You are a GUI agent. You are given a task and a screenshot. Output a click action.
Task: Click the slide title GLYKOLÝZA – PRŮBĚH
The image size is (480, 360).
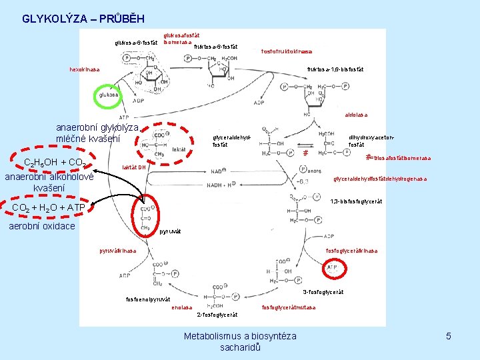pos(83,19)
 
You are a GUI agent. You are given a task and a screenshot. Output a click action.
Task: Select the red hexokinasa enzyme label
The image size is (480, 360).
pos(85,69)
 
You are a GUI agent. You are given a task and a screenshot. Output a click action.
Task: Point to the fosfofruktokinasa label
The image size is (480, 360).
pos(287,51)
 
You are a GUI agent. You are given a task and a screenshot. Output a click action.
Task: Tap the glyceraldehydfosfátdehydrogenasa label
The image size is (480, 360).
pos(380,179)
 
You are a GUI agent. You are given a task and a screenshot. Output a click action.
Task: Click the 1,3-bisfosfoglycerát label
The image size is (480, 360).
pos(356,201)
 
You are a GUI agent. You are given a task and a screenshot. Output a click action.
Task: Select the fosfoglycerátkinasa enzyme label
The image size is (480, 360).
pos(351,251)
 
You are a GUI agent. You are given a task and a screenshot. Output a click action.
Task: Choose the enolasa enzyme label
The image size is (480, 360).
pos(181,307)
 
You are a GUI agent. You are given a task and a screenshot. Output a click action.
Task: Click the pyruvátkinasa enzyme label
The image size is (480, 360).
pos(118,251)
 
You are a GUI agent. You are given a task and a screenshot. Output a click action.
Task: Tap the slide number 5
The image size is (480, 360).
pos(449,336)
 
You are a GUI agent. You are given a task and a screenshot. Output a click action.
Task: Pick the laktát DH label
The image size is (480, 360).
pos(133,167)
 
